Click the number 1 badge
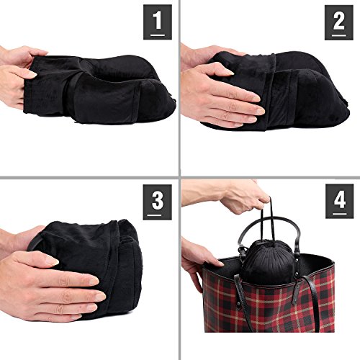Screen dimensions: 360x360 [x=158, y=22]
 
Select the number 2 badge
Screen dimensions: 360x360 [x=339, y=22]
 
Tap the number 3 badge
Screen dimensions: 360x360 [x=158, y=202]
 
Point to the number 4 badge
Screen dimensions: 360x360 [x=339, y=202]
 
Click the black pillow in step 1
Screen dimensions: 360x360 [x=101, y=90]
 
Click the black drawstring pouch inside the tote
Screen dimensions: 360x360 [x=269, y=261]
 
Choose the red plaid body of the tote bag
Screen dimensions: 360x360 [x=269, y=305]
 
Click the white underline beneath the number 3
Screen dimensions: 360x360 [x=154, y=215]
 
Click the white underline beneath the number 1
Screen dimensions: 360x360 [x=158, y=35]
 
